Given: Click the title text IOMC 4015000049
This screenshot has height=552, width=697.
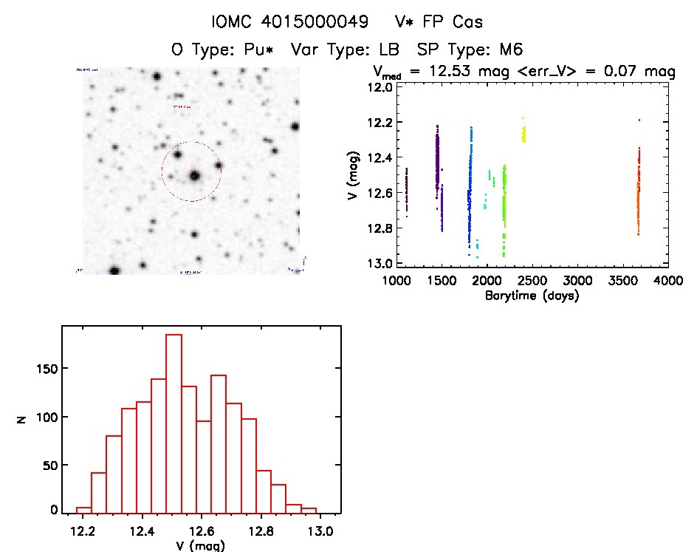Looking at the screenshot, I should pos(290,22).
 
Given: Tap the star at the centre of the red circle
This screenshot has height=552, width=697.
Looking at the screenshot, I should pos(194,176).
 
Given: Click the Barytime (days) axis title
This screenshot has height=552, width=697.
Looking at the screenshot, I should pos(532,296).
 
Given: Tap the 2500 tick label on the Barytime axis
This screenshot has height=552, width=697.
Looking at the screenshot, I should pos(532,282).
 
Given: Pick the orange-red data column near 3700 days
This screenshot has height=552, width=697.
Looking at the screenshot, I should pos(639,192).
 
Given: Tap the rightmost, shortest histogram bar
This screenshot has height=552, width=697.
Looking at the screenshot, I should pos(309,510).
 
